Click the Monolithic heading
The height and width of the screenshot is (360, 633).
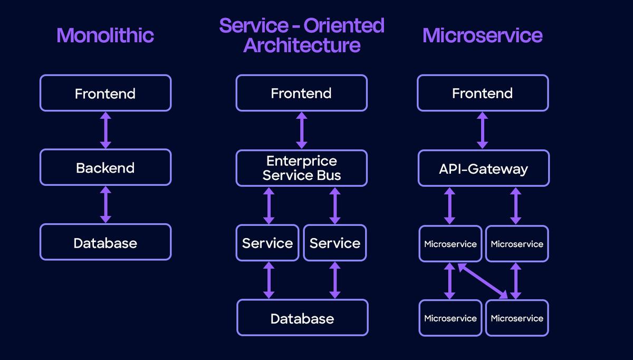point(105,35)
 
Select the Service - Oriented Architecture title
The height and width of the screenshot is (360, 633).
point(302,35)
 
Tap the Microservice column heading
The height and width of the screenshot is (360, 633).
point(482,35)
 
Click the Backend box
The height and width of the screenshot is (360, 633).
point(105,168)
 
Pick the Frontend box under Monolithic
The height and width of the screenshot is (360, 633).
point(105,93)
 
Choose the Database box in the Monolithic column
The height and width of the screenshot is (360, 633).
point(105,243)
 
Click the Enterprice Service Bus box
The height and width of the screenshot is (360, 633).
point(301,168)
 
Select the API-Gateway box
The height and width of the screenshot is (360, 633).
point(483,168)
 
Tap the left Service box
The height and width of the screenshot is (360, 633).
point(267,243)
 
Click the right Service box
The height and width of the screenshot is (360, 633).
point(335,243)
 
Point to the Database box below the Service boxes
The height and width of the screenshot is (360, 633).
point(302,318)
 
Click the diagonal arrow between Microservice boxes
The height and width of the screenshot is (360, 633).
point(483,281)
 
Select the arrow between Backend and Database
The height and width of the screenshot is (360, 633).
point(105,205)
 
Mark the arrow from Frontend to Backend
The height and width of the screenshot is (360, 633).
point(105,130)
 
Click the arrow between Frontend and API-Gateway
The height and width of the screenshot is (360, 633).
point(482,130)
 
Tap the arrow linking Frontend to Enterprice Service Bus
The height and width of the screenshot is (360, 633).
point(301,130)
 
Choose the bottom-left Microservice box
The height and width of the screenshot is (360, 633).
point(450,318)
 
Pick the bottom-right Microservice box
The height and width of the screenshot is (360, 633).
point(517,318)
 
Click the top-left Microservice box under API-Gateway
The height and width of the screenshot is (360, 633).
point(450,244)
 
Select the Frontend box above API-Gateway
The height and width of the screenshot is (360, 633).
point(483,93)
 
